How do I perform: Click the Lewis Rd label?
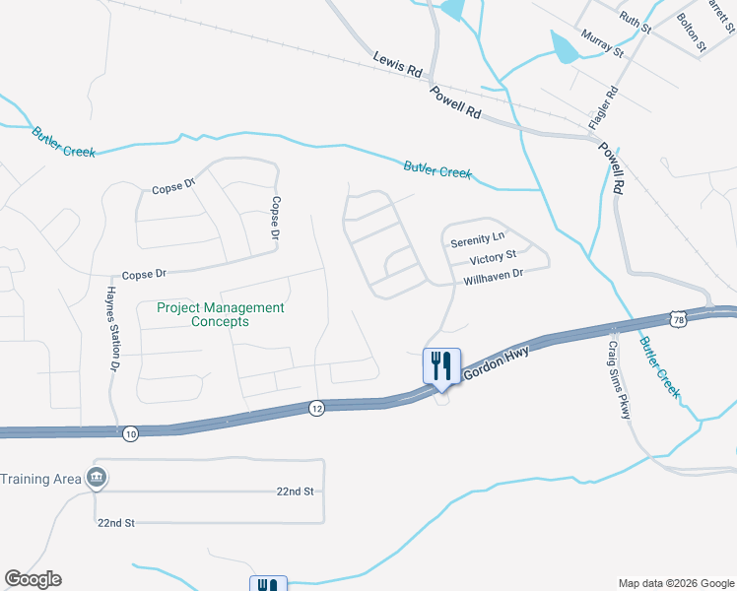point(397,65)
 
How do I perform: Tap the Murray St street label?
point(603,43)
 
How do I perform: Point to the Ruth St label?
point(636,21)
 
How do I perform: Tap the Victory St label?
point(493,259)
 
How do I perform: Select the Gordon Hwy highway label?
point(498,364)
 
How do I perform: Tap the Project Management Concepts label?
point(221,314)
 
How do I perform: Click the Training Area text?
point(39,479)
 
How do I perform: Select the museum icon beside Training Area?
point(96,479)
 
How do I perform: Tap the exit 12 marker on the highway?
point(315,408)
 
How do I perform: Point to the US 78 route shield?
point(676,318)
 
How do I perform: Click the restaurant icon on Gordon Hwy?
point(439,365)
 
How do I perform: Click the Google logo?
point(33,579)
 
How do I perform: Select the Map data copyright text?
point(675,583)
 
